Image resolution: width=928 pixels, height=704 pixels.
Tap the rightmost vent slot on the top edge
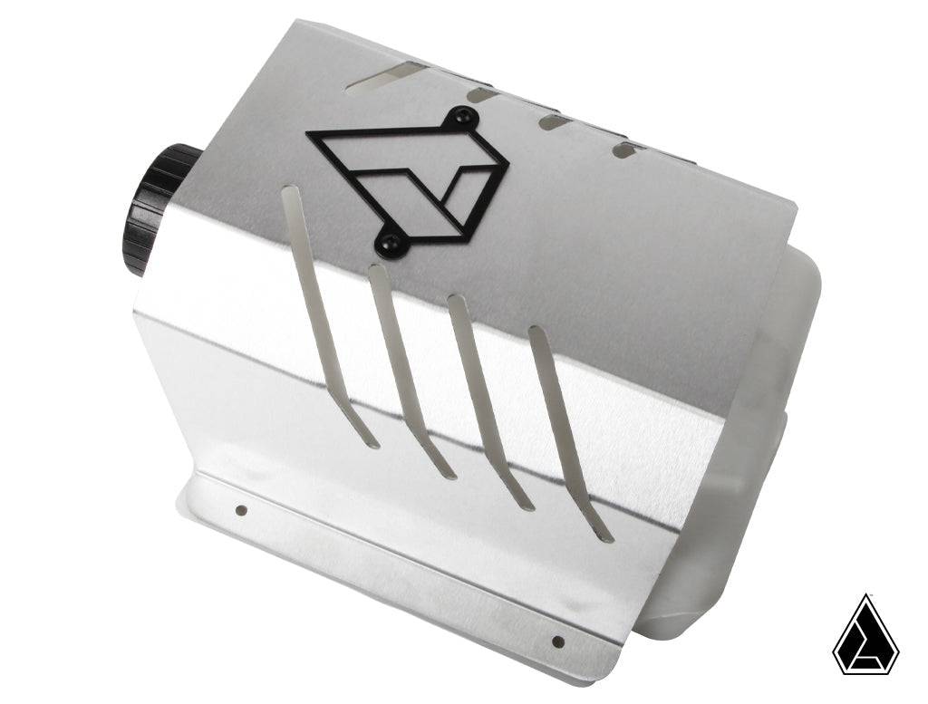click(624, 149)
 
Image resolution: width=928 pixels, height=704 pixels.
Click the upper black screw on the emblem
click(466, 115)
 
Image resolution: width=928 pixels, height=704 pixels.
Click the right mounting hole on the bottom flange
click(557, 641)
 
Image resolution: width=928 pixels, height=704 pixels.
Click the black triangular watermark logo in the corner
click(865, 639)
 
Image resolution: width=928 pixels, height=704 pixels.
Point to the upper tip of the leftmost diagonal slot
click(289, 192)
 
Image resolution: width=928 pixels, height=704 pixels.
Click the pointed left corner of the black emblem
click(309, 135)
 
